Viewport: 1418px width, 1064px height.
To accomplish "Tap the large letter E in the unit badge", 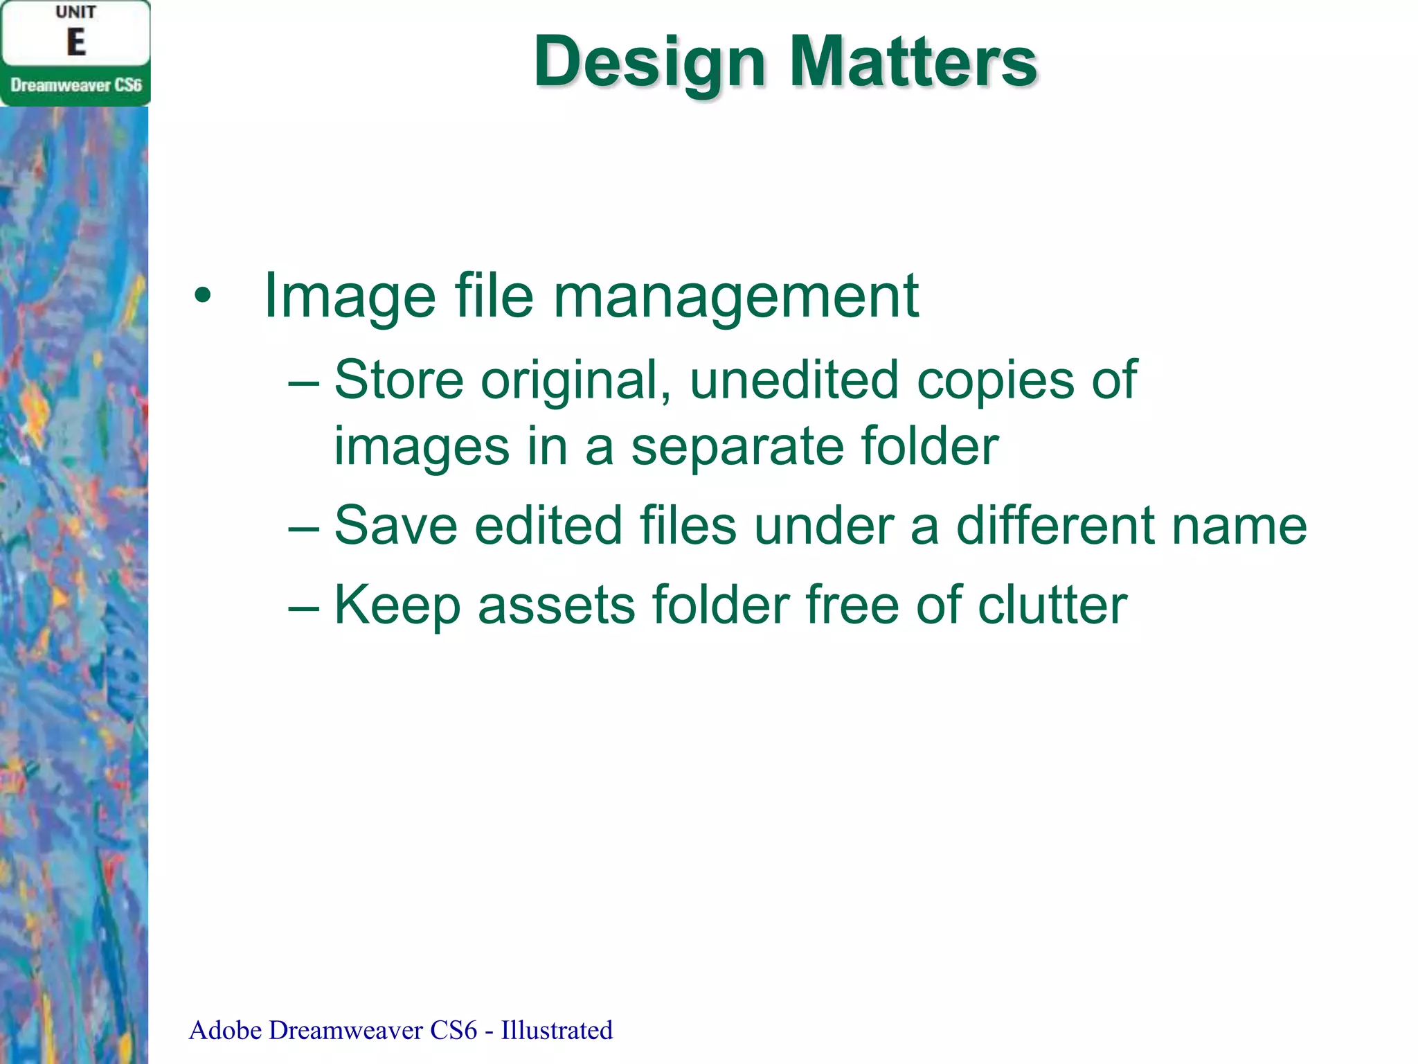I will (75, 42).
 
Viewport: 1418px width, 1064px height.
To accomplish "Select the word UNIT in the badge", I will (75, 12).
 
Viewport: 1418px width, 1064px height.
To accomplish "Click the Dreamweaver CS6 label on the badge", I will (75, 85).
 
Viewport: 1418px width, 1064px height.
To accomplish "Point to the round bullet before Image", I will (202, 296).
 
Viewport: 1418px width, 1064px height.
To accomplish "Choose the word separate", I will (737, 446).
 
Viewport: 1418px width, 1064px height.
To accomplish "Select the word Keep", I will (397, 605).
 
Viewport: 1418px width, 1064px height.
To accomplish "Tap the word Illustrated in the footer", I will (557, 1030).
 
